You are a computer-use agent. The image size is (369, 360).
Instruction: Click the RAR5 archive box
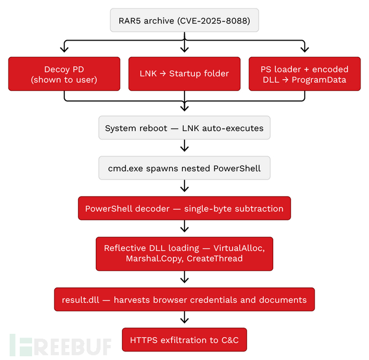[184, 20]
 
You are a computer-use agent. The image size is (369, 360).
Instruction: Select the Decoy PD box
[64, 74]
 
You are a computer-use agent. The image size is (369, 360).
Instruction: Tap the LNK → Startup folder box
[184, 74]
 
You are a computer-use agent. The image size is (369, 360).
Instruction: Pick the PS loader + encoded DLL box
[304, 74]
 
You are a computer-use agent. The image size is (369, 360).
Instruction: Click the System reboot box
[184, 128]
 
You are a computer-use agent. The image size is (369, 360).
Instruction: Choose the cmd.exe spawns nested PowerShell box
[184, 168]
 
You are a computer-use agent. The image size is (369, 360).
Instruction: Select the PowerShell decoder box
[184, 209]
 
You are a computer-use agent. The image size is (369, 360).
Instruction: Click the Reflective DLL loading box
[184, 254]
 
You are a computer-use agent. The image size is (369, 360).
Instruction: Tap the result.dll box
[184, 299]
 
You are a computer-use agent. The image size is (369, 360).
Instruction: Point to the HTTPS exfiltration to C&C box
[184, 340]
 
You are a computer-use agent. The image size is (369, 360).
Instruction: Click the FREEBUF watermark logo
[60, 345]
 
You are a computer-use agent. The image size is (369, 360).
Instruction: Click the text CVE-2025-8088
[214, 21]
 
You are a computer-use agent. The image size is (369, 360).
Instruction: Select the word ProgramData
[319, 80]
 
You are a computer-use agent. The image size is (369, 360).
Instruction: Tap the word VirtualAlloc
[239, 248]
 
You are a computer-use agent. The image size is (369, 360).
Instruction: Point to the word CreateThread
[214, 258]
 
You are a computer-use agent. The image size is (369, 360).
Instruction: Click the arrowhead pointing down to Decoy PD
[64, 49]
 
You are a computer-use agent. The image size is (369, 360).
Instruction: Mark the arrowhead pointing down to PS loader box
[305, 49]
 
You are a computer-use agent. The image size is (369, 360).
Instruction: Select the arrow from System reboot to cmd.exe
[184, 145]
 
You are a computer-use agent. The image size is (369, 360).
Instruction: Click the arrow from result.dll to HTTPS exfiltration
[184, 317]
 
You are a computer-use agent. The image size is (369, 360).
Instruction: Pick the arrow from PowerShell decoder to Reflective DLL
[184, 226]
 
